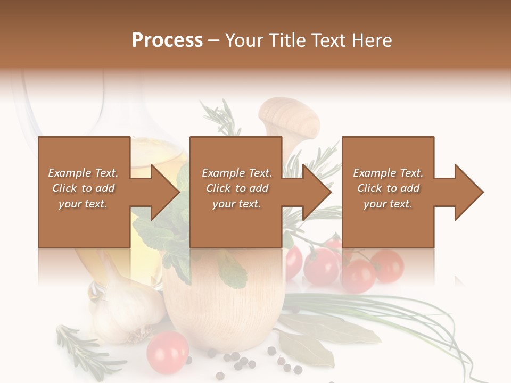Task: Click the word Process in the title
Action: coord(167,40)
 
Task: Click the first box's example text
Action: coord(83,188)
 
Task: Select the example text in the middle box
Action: coord(236,188)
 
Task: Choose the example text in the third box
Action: coord(388,188)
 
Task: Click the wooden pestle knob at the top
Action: coord(289,116)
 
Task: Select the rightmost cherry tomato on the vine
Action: coord(388,266)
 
